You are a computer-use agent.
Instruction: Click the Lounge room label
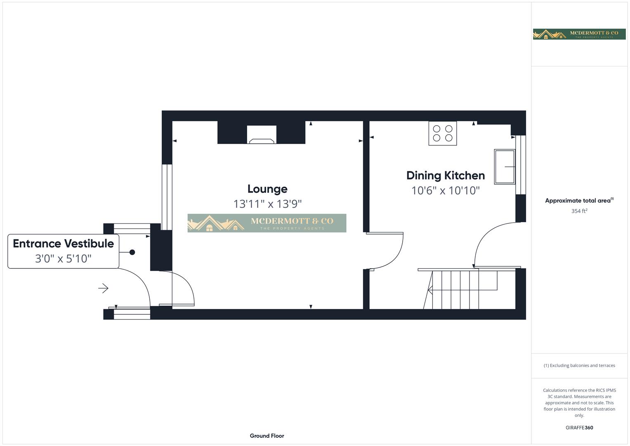pyautogui.click(x=267, y=189)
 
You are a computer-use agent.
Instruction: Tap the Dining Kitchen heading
pyautogui.click(x=445, y=176)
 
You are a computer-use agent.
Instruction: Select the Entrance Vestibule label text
pyautogui.click(x=63, y=244)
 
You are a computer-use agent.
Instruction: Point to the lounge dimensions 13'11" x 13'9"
pyautogui.click(x=267, y=204)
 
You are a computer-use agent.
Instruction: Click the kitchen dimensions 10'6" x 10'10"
pyautogui.click(x=445, y=190)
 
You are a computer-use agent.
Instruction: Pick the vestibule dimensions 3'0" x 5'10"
pyautogui.click(x=63, y=259)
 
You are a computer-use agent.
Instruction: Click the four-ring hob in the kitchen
pyautogui.click(x=442, y=133)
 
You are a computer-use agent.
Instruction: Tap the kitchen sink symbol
pyautogui.click(x=505, y=166)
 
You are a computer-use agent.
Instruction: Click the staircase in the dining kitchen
pyautogui.click(x=454, y=289)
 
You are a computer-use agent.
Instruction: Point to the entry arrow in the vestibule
pyautogui.click(x=103, y=288)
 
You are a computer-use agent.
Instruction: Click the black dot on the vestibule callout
pyautogui.click(x=132, y=252)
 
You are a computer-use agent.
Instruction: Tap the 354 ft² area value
pyautogui.click(x=579, y=211)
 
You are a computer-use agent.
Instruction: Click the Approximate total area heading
pyautogui.click(x=579, y=201)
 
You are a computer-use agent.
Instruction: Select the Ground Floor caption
pyautogui.click(x=267, y=436)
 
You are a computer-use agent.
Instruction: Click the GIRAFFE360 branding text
pyautogui.click(x=579, y=428)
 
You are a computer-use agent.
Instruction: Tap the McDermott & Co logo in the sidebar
pyautogui.click(x=579, y=34)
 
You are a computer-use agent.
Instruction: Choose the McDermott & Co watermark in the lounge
pyautogui.click(x=267, y=223)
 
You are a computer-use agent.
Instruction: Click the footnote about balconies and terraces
pyautogui.click(x=579, y=365)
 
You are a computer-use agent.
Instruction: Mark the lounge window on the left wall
pyautogui.click(x=167, y=197)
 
